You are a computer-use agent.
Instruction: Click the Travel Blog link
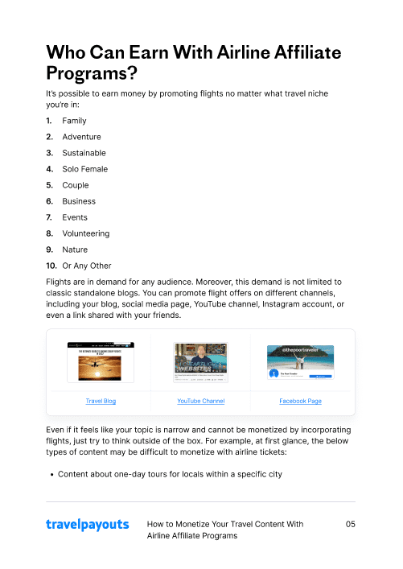[x=101, y=401]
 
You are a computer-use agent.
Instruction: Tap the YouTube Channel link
[x=201, y=401]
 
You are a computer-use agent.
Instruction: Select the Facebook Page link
[x=300, y=401]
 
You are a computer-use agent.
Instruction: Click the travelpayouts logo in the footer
[x=87, y=525]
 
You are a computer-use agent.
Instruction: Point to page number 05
[x=350, y=524]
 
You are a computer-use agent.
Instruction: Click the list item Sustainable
[x=84, y=153]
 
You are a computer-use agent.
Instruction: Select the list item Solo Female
[x=84, y=169]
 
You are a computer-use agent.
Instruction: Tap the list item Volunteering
[x=85, y=233]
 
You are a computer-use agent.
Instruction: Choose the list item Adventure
[x=81, y=137]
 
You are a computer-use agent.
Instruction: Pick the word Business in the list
[x=79, y=201]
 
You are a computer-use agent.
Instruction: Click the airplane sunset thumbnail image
[x=101, y=363]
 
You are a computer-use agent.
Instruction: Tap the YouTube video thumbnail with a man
[x=201, y=362]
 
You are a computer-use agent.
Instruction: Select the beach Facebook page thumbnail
[x=300, y=362]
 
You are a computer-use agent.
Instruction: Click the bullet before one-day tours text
[x=51, y=474]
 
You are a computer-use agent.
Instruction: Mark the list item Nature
[x=75, y=249]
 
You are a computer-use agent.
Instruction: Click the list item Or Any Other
[x=87, y=266]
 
